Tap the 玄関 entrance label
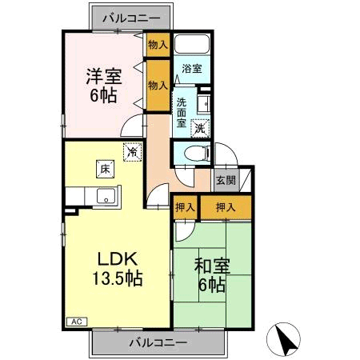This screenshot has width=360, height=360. click(x=225, y=180)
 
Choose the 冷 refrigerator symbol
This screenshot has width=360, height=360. click(x=130, y=150)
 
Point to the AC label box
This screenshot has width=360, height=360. click(x=77, y=321)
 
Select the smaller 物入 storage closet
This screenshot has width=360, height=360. click(x=157, y=45)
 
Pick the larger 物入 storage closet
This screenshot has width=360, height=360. click(x=158, y=84)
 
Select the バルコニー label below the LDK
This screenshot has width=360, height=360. click(x=158, y=342)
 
